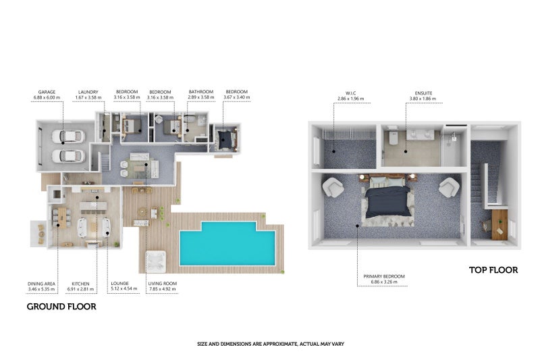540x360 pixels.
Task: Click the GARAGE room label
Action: tap(47, 92)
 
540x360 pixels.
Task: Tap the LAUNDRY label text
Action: tap(88, 92)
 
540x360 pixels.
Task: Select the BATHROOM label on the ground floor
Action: tap(201, 92)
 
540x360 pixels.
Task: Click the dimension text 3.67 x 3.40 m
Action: tap(237, 97)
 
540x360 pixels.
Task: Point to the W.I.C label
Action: tap(351, 93)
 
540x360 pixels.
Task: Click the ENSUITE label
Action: tap(423, 93)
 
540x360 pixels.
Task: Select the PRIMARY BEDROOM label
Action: tap(384, 276)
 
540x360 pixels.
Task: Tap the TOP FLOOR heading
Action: tap(493, 270)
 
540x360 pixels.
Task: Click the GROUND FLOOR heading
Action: tap(61, 307)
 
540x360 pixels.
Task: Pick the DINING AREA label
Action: tap(41, 284)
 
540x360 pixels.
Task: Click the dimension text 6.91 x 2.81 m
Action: tap(80, 289)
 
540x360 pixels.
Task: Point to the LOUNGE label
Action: tap(120, 283)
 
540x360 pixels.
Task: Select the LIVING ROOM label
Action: tap(163, 284)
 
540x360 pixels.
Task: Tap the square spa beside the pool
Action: tap(156, 262)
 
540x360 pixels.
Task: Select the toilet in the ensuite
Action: tap(393, 138)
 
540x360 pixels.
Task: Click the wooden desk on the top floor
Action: tap(500, 225)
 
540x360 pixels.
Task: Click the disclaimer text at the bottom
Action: tap(271, 344)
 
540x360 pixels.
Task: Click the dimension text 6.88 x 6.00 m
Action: tap(47, 97)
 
